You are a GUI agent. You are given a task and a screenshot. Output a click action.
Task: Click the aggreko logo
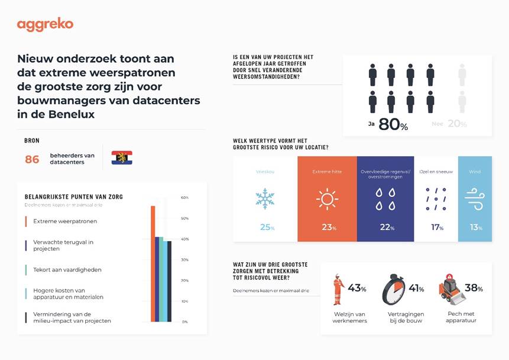(x=46, y=25)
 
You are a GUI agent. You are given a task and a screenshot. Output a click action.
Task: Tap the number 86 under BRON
(x=32, y=159)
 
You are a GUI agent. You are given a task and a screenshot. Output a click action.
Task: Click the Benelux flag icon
(x=122, y=158)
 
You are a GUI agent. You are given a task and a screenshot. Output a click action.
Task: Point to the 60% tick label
(x=184, y=197)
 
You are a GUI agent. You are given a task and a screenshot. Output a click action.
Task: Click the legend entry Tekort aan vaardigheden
(x=67, y=270)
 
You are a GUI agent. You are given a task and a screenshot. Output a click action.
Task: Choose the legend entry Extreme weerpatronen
(x=65, y=221)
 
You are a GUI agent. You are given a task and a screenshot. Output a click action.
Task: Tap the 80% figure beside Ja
(x=393, y=125)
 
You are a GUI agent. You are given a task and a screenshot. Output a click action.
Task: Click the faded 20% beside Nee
(x=456, y=124)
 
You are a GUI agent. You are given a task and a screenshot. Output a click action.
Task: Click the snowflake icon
(x=265, y=199)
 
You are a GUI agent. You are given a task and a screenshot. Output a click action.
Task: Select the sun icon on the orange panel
(x=327, y=199)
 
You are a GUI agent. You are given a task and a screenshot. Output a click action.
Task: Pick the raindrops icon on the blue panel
(x=385, y=199)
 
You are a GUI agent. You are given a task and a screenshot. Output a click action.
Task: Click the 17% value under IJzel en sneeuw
(x=436, y=228)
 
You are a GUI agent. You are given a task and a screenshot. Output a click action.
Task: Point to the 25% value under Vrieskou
(x=267, y=228)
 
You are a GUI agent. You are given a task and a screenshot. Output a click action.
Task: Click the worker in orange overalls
(x=339, y=289)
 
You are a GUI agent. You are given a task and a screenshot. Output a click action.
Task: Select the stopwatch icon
(x=393, y=289)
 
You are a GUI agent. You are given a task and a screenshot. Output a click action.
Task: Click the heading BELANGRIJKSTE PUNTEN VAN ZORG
(x=74, y=196)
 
